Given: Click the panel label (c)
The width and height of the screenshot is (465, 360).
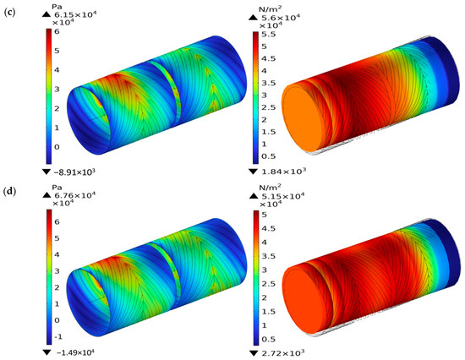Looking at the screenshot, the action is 10,14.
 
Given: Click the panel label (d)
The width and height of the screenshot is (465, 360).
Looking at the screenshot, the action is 10,191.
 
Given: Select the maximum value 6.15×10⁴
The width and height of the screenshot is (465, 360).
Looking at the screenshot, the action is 74,15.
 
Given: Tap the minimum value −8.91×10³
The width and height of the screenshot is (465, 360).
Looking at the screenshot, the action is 74,172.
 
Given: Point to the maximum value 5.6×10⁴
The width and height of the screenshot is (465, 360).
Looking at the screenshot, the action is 281,18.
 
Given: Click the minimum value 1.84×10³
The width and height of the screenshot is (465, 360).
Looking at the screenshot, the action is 282,171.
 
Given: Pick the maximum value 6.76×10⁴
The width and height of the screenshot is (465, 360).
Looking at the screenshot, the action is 74,195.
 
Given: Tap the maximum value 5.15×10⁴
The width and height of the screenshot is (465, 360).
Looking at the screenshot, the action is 282,197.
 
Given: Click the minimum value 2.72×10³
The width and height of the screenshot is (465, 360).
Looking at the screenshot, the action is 282,353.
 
